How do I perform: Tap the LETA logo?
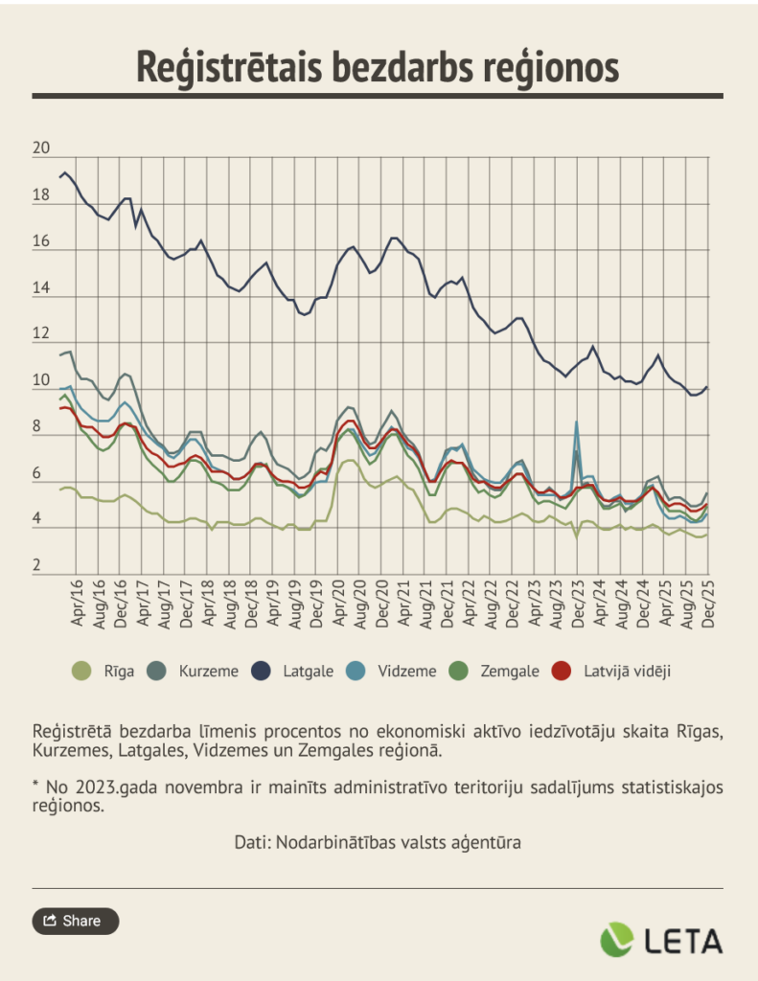(661, 940)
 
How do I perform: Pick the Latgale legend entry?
(297, 671)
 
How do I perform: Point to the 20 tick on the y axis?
(41, 149)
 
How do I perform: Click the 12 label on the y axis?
(41, 334)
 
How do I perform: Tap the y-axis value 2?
(37, 566)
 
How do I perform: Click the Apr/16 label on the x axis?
(79, 605)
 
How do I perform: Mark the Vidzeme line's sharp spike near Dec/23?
(576, 422)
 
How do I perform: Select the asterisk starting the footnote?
(35, 786)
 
